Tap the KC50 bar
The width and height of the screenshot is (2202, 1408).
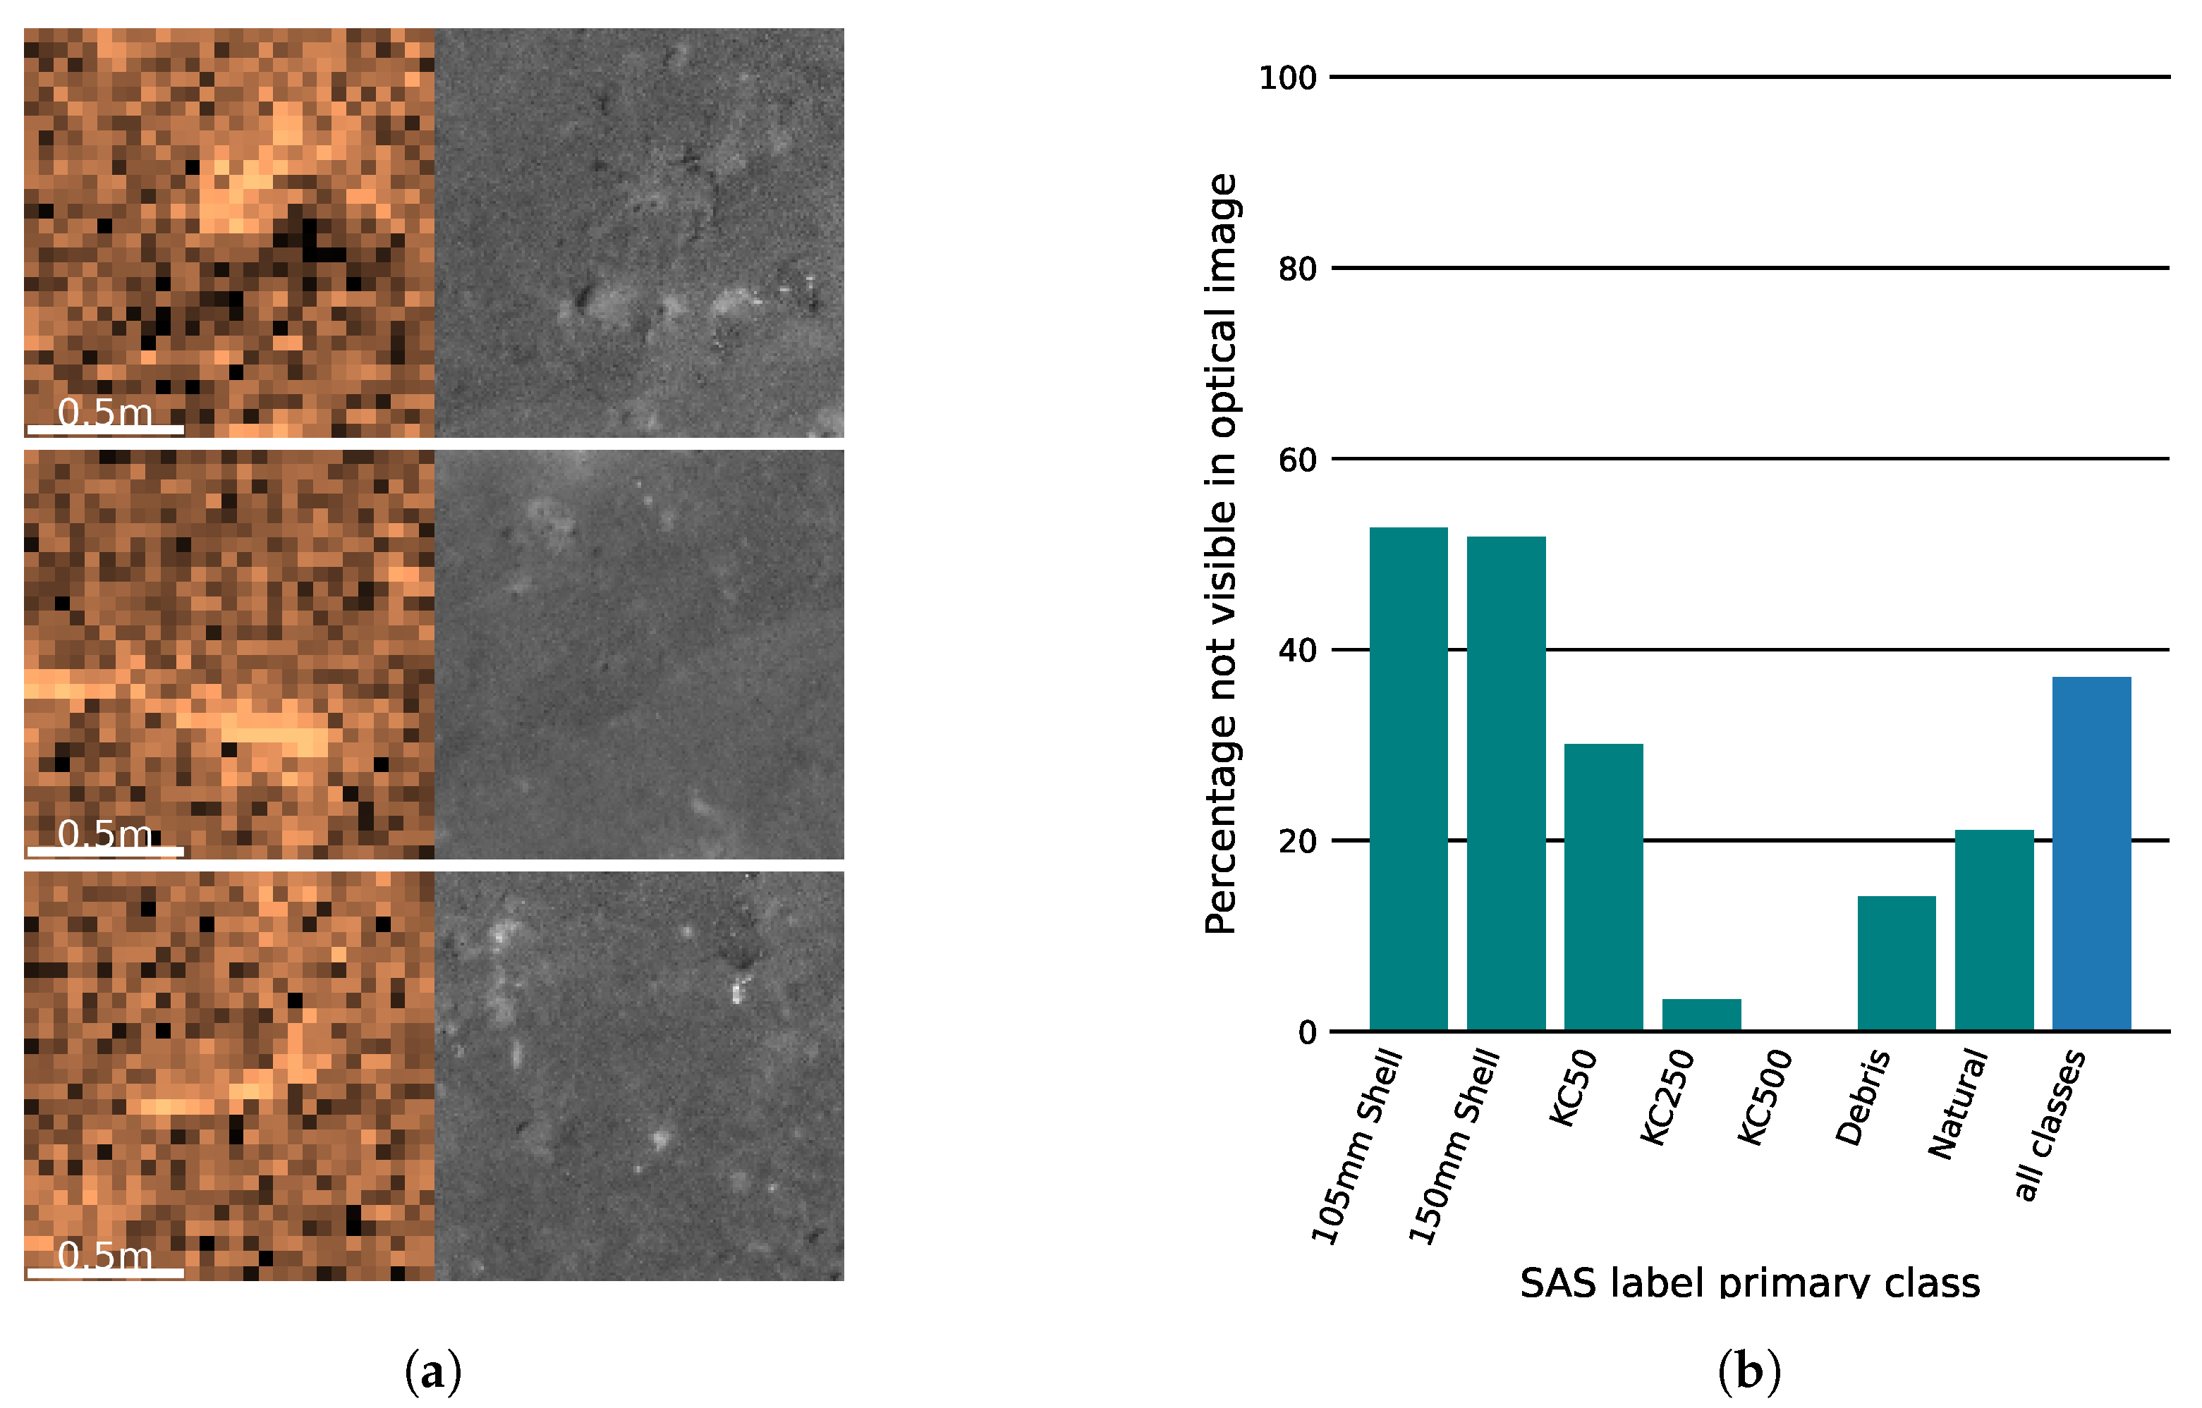(x=1603, y=887)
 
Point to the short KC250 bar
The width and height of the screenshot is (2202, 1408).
(x=1701, y=1015)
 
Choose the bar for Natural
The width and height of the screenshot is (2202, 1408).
(x=1995, y=930)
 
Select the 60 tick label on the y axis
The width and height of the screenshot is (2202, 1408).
(x=1296, y=460)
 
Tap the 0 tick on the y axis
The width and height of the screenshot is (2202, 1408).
(x=1307, y=1033)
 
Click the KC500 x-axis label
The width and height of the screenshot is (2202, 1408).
(x=1765, y=1097)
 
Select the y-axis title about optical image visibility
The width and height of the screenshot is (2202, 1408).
(x=1221, y=554)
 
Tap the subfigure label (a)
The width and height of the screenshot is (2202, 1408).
(x=432, y=1372)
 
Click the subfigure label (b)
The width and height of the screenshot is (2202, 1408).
(x=1749, y=1372)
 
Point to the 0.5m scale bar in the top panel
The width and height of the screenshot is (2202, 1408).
(x=105, y=429)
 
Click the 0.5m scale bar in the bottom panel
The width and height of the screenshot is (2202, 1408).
(x=105, y=1272)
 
